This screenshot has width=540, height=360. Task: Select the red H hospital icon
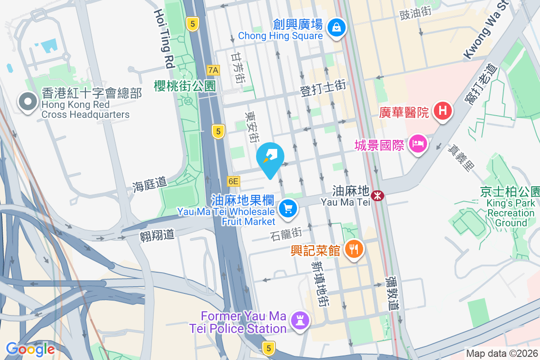[443, 111]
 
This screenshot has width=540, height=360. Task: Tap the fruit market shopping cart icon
[288, 209]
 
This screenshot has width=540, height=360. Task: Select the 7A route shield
[214, 70]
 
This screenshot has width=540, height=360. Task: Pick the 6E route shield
[234, 181]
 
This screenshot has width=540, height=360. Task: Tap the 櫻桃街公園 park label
[185, 86]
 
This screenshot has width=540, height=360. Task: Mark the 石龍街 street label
[286, 234]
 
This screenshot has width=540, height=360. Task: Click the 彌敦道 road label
[392, 293]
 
